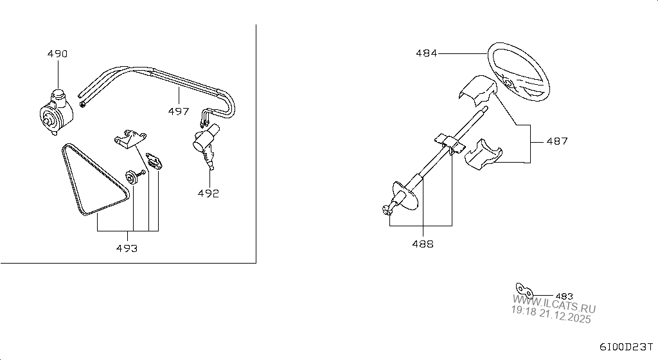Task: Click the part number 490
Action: coord(57,54)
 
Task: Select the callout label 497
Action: coord(179,111)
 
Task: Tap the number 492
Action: coord(208,194)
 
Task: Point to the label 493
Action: coord(127,248)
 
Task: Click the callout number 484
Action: coord(427,53)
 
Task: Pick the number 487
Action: coord(557,141)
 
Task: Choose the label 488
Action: coord(423,244)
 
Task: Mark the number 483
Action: coord(564,296)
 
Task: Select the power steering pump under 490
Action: coord(57,113)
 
